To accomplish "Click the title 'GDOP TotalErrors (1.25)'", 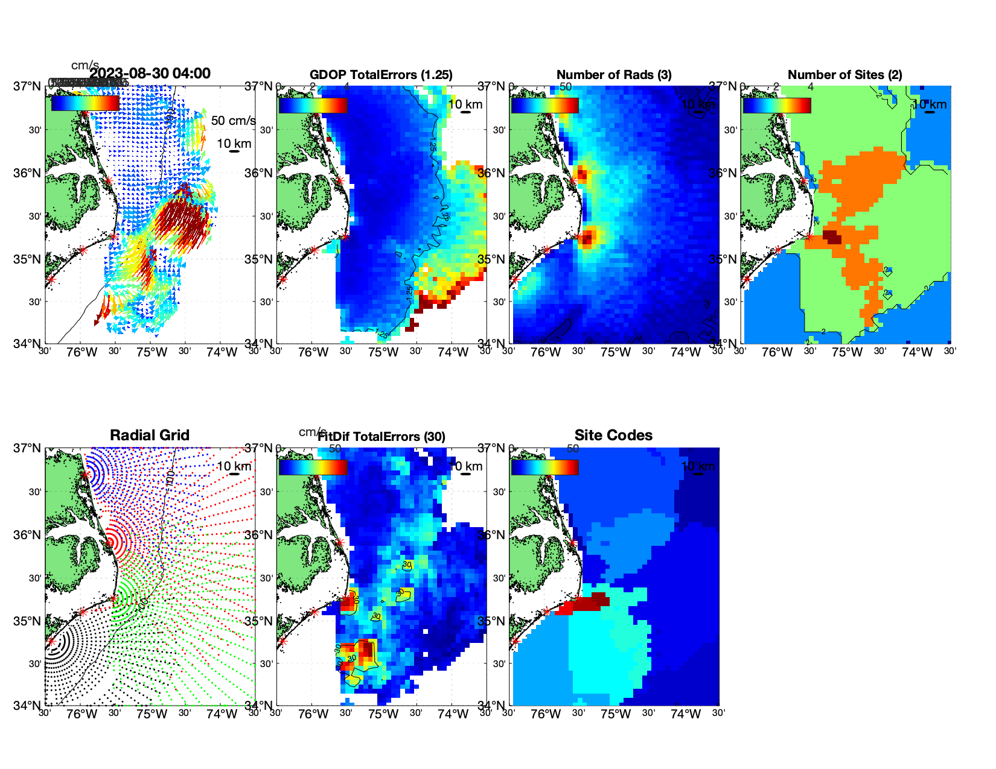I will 381,75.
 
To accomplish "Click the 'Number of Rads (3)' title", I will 614,75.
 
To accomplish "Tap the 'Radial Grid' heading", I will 150,435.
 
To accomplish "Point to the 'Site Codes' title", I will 613,435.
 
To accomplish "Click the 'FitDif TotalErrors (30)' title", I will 381,437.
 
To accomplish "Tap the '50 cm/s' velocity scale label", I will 233,121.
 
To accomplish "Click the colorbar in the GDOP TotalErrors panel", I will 313,105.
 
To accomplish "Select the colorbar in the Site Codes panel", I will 544,467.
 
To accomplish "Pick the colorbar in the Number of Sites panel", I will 777,105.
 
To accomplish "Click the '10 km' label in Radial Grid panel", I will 234,466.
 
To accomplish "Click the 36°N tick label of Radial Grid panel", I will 28,535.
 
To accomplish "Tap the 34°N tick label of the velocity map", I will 28,344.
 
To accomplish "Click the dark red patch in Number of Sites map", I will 832,236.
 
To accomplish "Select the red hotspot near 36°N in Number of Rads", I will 581,175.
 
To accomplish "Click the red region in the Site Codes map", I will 589,602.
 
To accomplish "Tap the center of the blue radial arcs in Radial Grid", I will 86,475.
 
